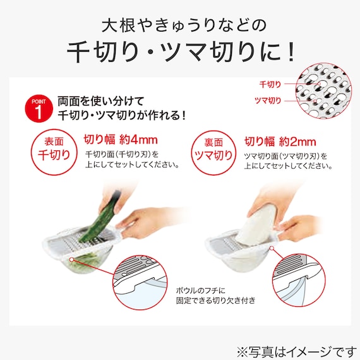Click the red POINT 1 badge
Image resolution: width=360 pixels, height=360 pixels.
pyautogui.click(x=39, y=109)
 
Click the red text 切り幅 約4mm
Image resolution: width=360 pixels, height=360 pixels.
pyautogui.click(x=121, y=140)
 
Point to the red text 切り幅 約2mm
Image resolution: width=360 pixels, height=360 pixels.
pyautogui.click(x=280, y=141)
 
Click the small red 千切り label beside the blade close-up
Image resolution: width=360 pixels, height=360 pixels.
pyautogui.click(x=270, y=85)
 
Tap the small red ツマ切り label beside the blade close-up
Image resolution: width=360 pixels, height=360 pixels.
pyautogui.click(x=268, y=100)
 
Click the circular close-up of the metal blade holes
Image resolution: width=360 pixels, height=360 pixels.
pyautogui.click(x=323, y=91)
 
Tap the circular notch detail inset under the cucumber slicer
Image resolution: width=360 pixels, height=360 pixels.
pyautogui.click(x=140, y=282)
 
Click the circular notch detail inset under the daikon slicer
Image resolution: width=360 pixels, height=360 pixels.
pyautogui.click(x=299, y=280)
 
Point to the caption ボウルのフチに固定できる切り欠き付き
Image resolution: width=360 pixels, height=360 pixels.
pyautogui.click(x=215, y=296)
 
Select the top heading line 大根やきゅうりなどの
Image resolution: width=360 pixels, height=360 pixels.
pyautogui.click(x=184, y=25)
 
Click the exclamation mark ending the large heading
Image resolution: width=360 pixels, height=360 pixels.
pyautogui.click(x=291, y=52)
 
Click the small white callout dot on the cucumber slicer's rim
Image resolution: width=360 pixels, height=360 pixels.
pyautogui.click(x=71, y=260)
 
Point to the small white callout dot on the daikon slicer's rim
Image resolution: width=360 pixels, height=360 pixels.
pyautogui.click(x=272, y=248)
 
